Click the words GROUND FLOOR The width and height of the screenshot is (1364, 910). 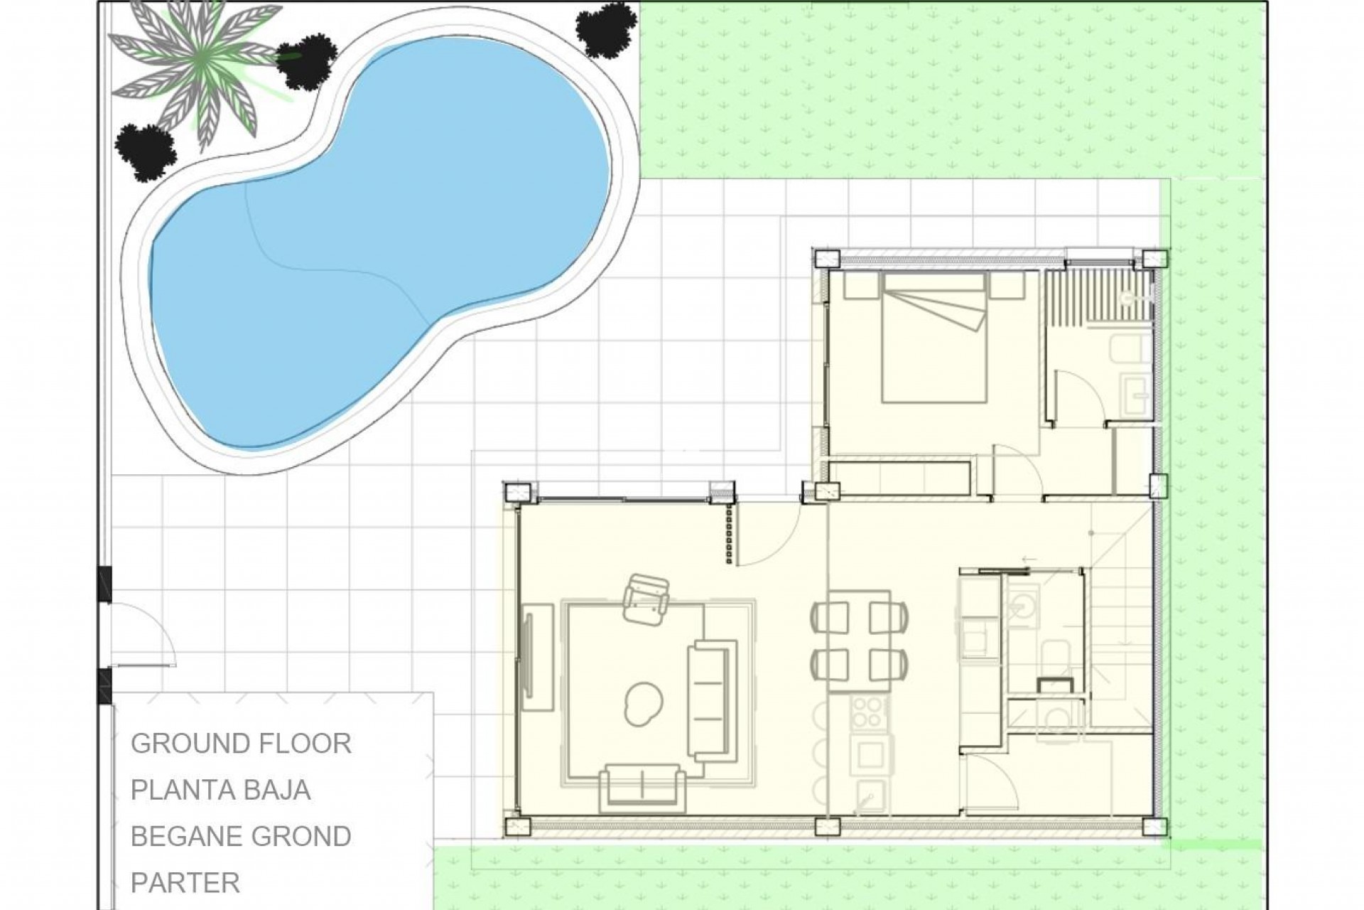tap(241, 744)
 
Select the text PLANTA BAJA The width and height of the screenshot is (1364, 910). tap(220, 790)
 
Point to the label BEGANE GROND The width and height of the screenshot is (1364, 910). tap(241, 836)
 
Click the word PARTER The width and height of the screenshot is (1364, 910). tap(185, 882)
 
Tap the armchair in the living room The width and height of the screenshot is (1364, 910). tap(646, 599)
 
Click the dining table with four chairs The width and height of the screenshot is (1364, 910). tap(860, 637)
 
